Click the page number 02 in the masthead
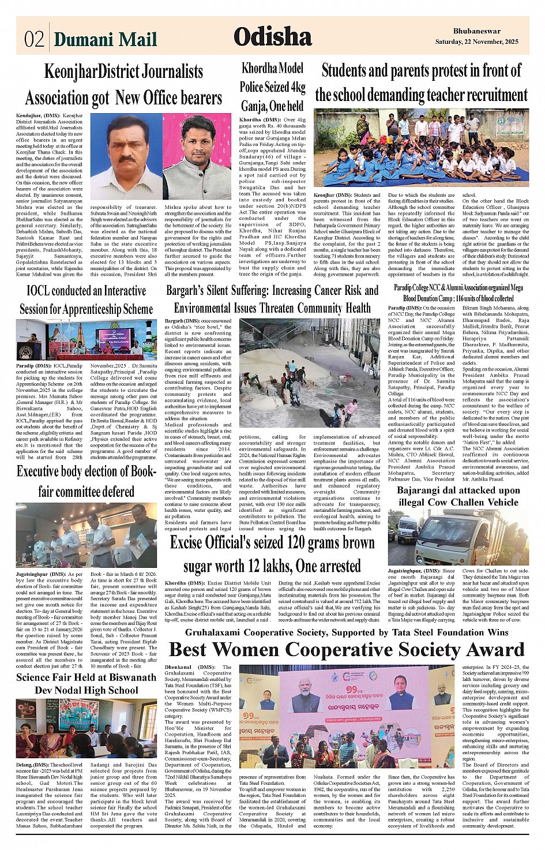point(34,39)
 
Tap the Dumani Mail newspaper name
point(106,39)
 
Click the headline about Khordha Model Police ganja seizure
point(272,87)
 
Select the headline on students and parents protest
point(422,83)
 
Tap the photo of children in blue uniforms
point(422,148)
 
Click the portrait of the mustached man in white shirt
point(126,157)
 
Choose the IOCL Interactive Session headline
point(87,299)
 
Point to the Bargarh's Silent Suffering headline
point(272,299)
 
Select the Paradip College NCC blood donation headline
point(458,293)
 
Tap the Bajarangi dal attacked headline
point(458,496)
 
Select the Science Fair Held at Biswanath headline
point(87,684)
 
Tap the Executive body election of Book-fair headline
point(87,481)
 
